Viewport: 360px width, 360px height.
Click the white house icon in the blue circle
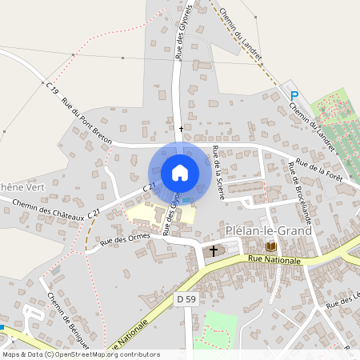pos(180,173)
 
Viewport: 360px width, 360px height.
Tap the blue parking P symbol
pos(294,95)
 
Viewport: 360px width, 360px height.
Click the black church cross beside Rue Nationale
pos(213,251)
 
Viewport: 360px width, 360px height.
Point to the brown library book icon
pos(270,246)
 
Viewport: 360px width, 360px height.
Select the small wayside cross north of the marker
pos(181,128)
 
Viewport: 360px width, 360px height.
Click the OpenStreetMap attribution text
pos(81,354)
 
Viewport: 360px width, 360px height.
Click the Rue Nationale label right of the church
pos(274,260)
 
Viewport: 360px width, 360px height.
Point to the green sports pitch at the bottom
pos(217,328)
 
